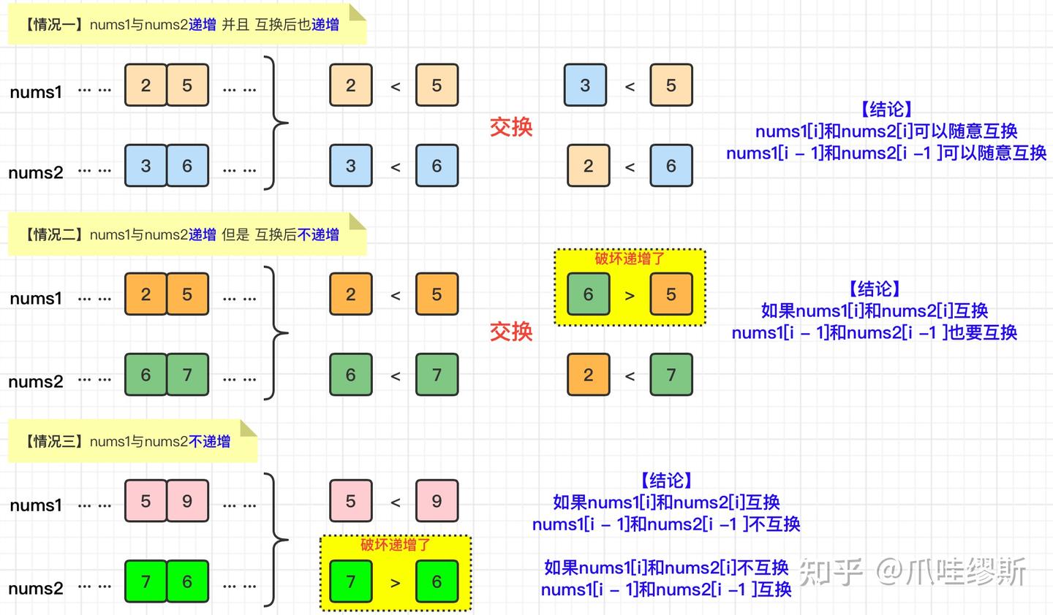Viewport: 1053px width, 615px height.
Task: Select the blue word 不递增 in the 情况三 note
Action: point(209,441)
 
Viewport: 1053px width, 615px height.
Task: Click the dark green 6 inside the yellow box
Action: point(588,294)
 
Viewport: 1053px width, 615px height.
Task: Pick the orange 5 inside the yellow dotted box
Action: point(671,294)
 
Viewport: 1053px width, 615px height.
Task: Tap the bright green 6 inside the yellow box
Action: point(437,581)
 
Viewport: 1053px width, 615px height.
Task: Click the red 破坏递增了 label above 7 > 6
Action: point(395,545)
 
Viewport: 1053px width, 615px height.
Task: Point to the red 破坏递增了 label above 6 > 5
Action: point(630,258)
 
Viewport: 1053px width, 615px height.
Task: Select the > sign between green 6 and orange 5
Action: point(630,296)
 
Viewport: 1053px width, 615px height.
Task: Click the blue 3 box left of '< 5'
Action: point(585,85)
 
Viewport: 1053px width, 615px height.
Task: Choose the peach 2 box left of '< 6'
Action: point(588,166)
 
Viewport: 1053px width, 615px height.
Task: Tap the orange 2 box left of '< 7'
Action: point(588,375)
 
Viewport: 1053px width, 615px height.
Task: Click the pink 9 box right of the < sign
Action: point(437,501)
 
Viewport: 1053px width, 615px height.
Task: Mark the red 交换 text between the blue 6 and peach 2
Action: point(511,127)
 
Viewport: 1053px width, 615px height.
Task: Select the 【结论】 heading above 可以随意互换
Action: point(886,110)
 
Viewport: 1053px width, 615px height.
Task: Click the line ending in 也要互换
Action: point(875,332)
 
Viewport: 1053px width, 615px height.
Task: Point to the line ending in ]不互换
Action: point(666,524)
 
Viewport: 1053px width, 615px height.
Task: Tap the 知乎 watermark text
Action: point(831,571)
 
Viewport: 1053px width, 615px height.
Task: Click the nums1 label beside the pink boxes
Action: point(36,505)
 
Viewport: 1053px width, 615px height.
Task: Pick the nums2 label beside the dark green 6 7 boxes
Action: point(36,381)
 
